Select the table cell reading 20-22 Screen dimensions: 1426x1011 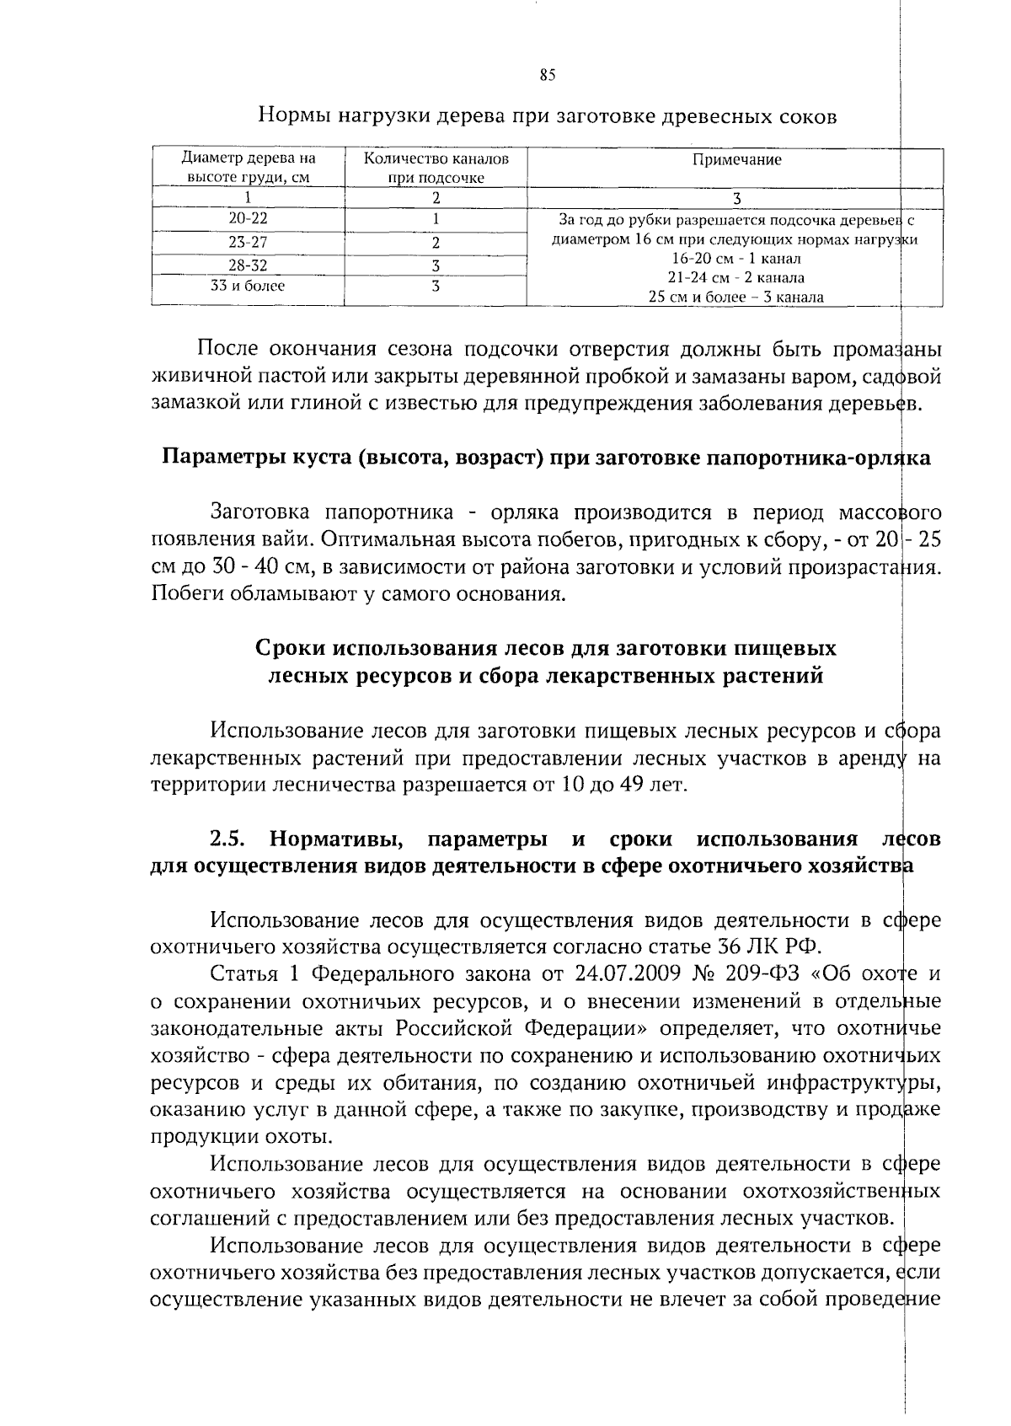coord(248,219)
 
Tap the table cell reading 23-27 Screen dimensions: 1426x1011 coord(248,243)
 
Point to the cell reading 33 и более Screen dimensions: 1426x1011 coord(248,287)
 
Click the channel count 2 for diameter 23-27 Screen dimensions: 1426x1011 coord(436,243)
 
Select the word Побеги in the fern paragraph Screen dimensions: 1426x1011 coord(182,595)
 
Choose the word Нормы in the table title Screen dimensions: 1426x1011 coord(294,117)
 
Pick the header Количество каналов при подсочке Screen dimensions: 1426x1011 coord(436,169)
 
